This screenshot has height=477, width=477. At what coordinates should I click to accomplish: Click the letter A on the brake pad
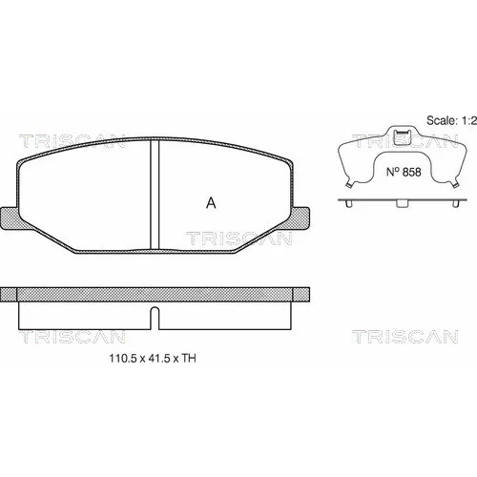coord(211,203)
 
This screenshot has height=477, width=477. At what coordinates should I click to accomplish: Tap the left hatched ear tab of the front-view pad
coord(10,218)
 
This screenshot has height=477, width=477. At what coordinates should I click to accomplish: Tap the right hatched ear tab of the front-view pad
coord(301,218)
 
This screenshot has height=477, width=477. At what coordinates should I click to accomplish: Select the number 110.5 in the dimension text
coord(123,359)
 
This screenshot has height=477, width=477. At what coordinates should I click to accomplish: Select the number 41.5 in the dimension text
coord(158,359)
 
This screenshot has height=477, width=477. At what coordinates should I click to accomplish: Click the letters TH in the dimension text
coord(189,359)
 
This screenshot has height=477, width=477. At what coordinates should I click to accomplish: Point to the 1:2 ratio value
coord(468,120)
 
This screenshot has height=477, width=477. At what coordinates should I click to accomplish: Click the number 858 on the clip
coord(412,172)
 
